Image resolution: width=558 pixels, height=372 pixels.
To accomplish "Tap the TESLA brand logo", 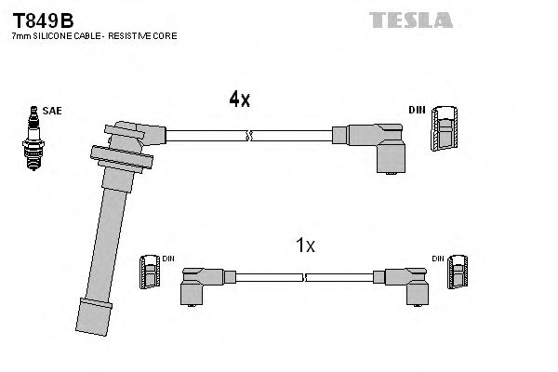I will pyautogui.click(x=411, y=20).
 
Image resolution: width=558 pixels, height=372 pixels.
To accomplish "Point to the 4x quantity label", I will pyautogui.click(x=240, y=100).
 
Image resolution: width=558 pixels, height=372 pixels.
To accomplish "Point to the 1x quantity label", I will pyautogui.click(x=305, y=246).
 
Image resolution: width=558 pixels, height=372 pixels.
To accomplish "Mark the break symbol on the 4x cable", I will pyautogui.click(x=247, y=136).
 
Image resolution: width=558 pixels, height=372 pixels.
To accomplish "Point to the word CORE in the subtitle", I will pyautogui.click(x=165, y=35).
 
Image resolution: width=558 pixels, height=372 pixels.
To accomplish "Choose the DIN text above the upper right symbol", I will pyautogui.click(x=416, y=111).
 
